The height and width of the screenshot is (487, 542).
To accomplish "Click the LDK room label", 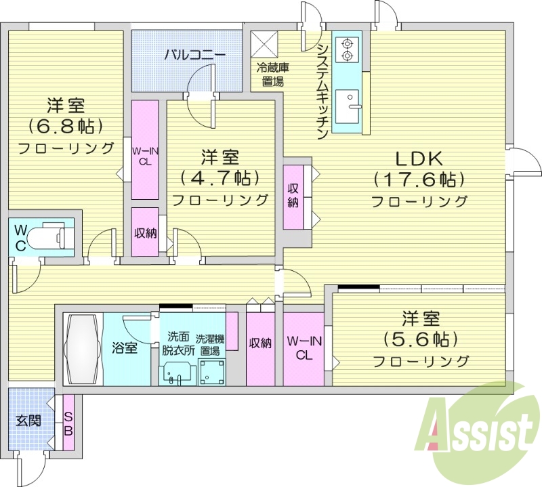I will pos(419,159).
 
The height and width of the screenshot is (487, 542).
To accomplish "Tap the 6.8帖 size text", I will pos(65,127).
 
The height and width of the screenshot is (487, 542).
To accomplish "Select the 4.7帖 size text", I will pos(220,178).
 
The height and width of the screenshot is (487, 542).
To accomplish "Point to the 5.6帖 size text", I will pos(420,338).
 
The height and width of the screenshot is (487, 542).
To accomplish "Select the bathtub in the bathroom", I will pos(83,349).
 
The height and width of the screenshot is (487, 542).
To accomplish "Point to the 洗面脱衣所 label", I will pos(178,343).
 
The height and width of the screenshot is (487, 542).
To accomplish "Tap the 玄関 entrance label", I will pos(28,420).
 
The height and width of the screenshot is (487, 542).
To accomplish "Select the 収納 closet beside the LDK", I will pos(293,196).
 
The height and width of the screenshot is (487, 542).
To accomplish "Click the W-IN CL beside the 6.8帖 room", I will pos(144,149).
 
